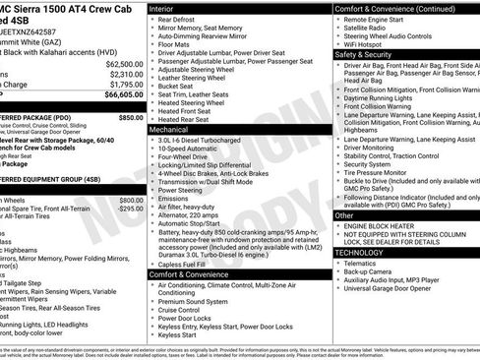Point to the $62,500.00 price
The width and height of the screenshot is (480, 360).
click(124, 63)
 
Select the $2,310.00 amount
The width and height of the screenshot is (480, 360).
click(126, 74)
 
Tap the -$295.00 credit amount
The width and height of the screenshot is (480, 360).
click(130, 209)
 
